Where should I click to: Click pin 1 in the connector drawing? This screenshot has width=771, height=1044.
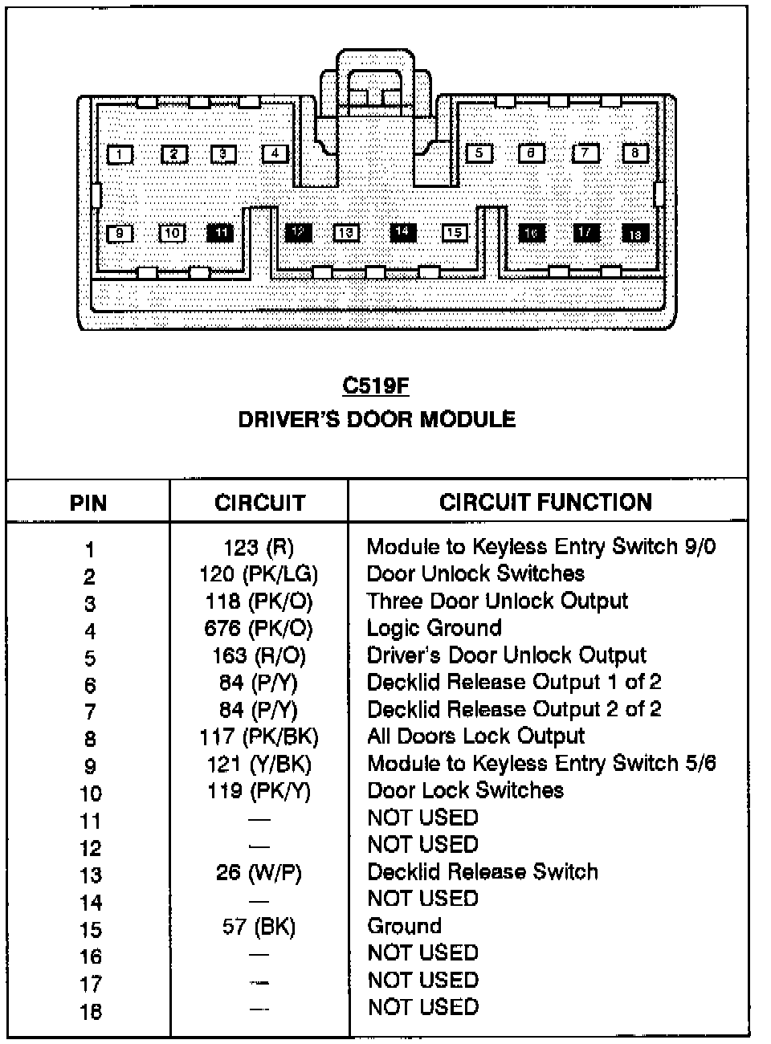tap(119, 154)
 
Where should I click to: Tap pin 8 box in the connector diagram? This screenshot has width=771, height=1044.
tap(635, 153)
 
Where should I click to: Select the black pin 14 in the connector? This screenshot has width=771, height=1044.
tap(402, 232)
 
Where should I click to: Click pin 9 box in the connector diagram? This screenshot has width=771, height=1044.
tap(119, 234)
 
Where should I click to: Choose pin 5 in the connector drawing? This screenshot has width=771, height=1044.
tap(479, 153)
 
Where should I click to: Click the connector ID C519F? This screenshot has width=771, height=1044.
tap(376, 386)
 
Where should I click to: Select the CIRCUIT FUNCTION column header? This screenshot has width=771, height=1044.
tap(545, 503)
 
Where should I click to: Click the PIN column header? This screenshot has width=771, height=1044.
tap(88, 504)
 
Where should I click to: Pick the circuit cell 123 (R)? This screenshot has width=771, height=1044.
tap(259, 548)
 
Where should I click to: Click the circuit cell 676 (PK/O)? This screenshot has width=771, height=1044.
tap(259, 629)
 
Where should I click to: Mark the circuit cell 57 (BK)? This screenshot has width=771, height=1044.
tap(259, 928)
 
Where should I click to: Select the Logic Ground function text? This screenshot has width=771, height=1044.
tap(434, 628)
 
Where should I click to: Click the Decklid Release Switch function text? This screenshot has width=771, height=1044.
tap(483, 872)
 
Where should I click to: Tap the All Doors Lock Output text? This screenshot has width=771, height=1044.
tap(476, 736)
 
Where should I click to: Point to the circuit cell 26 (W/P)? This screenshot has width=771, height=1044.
tap(259, 873)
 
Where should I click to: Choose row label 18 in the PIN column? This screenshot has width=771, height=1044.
tap(91, 1011)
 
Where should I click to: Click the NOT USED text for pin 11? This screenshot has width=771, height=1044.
tap(423, 818)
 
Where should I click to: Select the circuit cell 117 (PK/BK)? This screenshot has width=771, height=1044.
tap(259, 736)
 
